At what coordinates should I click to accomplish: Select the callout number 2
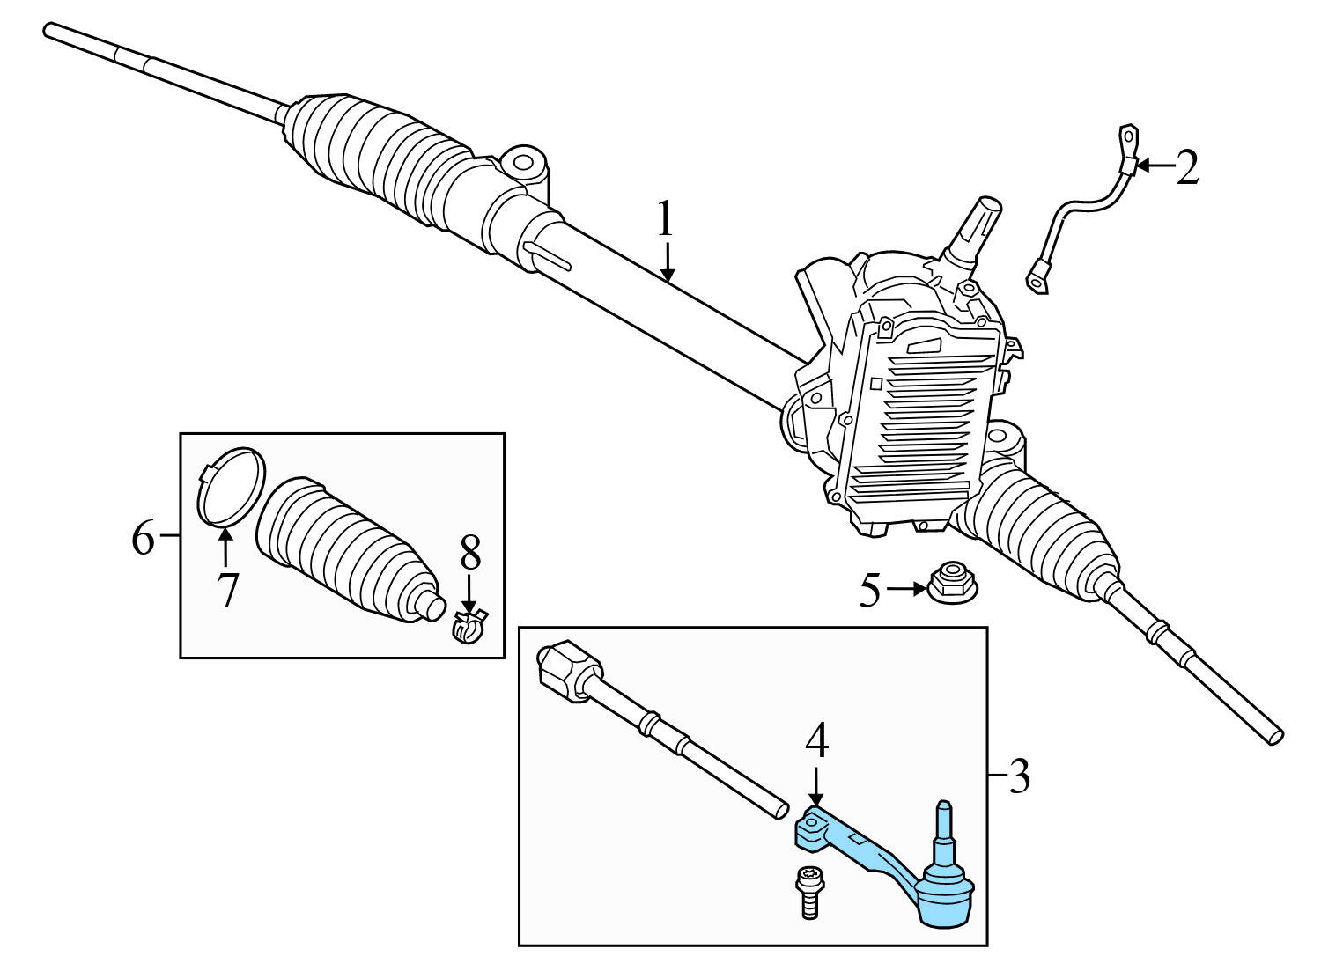(x=1187, y=167)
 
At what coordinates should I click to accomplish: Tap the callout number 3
(x=1018, y=776)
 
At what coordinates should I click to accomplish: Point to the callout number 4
(x=817, y=741)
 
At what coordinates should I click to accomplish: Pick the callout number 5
(x=870, y=591)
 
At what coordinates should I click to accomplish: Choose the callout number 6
(x=143, y=537)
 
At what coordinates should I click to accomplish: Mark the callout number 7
(x=227, y=590)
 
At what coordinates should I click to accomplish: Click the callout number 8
(x=470, y=555)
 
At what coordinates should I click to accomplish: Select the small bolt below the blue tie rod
(x=808, y=891)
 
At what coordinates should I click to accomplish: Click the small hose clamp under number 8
(x=469, y=628)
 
